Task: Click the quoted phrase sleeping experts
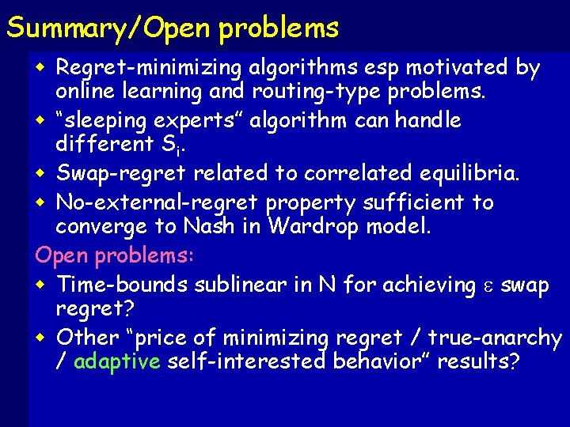144,121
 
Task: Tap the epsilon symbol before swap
491,285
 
